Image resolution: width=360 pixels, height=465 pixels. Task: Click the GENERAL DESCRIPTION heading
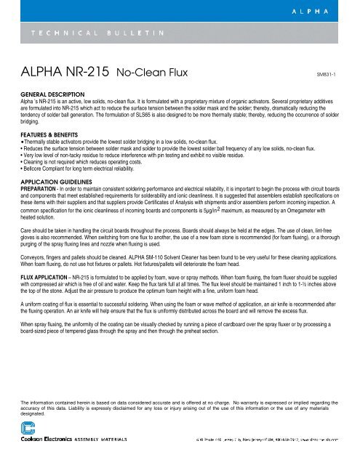tap(51, 94)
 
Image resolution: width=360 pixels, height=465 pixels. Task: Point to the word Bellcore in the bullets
tap(36, 173)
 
